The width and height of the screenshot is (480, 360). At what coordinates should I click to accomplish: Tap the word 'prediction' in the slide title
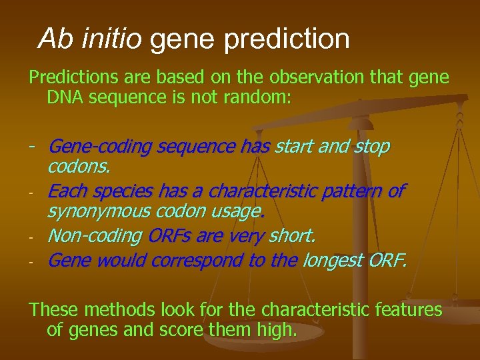(287, 40)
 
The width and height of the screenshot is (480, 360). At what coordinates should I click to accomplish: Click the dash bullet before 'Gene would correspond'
(31, 261)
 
